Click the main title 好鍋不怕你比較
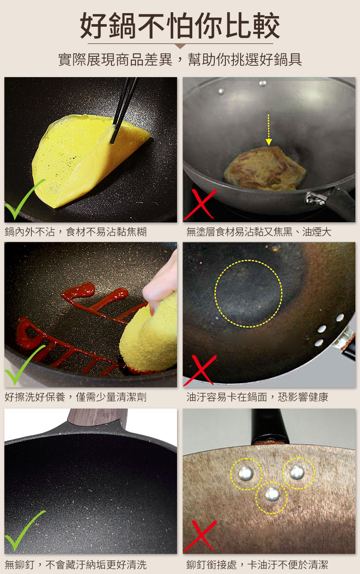(x=180, y=25)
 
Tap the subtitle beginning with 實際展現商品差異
(x=180, y=60)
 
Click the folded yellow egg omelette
(x=90, y=160)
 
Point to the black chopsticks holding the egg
(x=124, y=110)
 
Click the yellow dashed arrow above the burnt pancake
(x=268, y=130)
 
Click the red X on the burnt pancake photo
(x=200, y=204)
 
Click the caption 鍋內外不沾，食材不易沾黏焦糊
(x=75, y=232)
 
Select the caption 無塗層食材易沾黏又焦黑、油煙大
(x=259, y=232)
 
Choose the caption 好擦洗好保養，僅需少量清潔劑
(x=75, y=397)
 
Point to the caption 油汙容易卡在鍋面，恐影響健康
(x=257, y=397)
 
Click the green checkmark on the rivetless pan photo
(x=24, y=530)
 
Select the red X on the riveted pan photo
(x=200, y=535)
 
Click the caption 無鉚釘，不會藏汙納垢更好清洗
(x=75, y=565)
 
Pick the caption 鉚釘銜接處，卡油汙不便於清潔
(x=257, y=565)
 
